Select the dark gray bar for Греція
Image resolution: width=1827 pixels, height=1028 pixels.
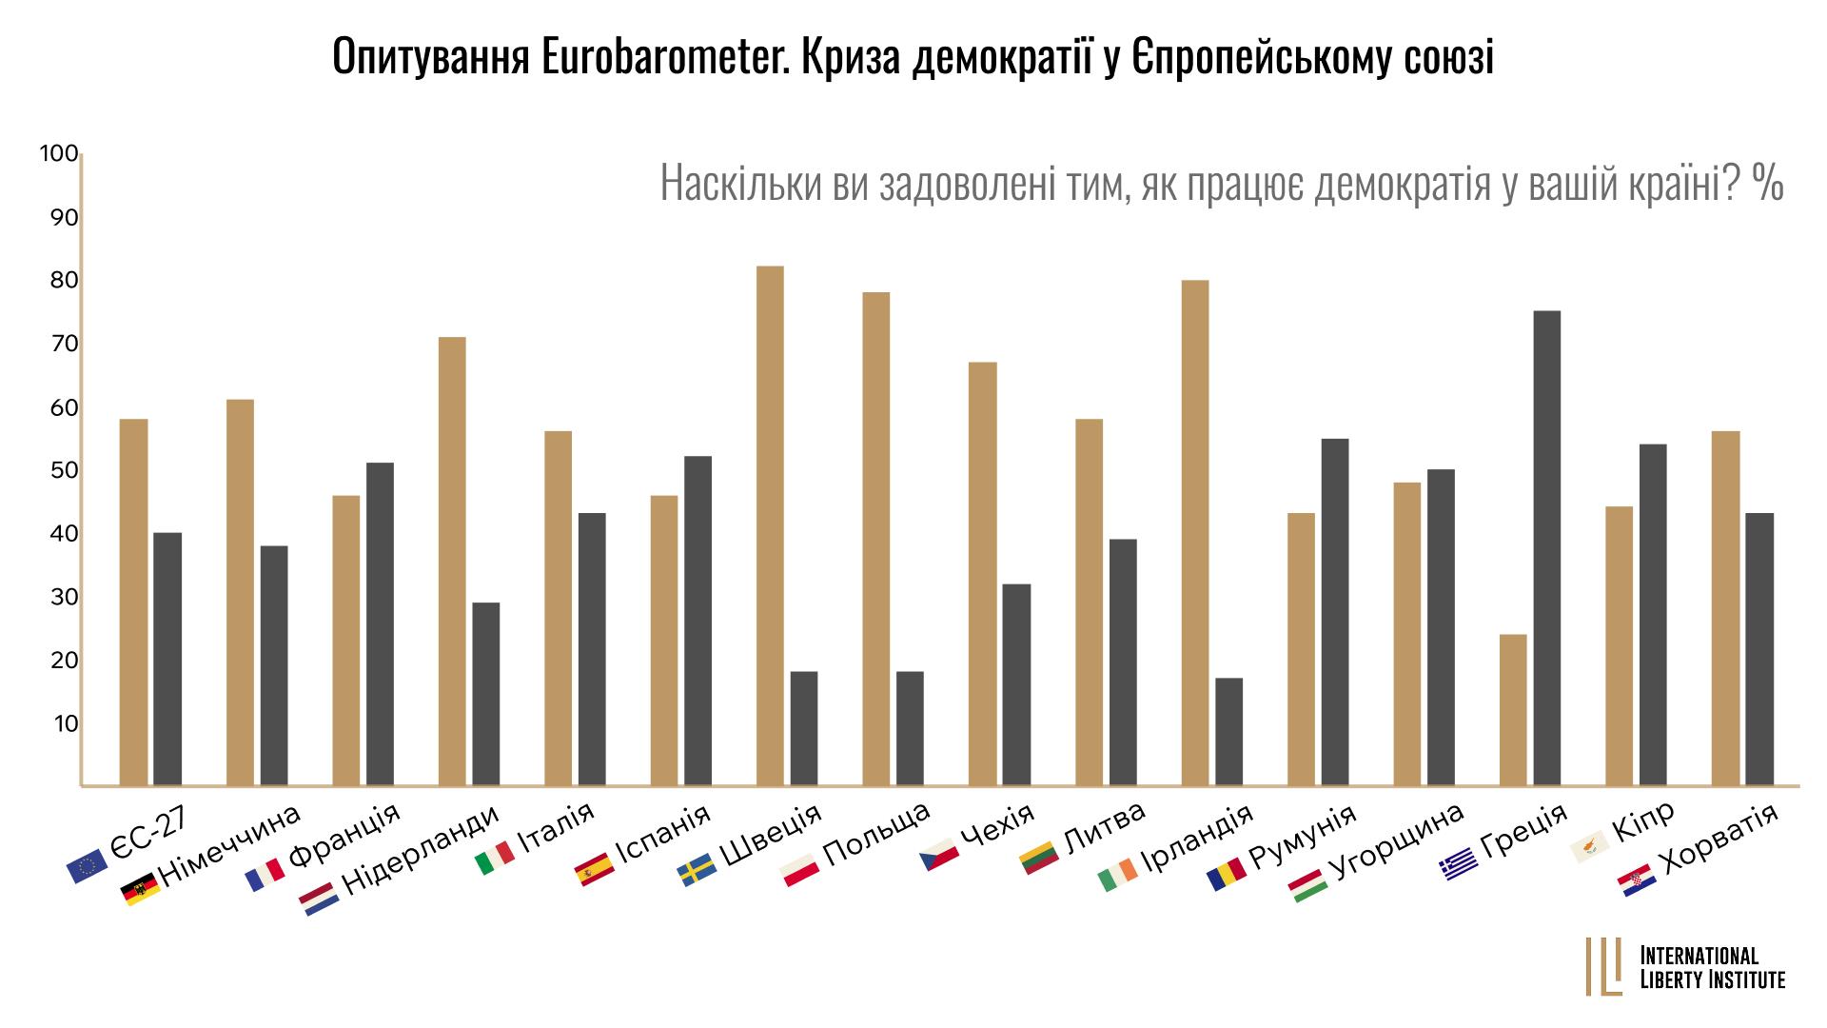[x=1546, y=548]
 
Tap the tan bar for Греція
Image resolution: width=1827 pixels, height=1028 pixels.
[x=1512, y=710]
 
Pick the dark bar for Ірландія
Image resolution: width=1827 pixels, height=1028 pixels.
[x=1228, y=732]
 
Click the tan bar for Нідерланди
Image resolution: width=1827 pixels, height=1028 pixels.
[x=452, y=562]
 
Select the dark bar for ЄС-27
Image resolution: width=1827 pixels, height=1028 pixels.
[x=167, y=659]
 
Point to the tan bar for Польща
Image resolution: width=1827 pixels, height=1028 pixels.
[x=875, y=539]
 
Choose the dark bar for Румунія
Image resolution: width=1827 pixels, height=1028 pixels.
[x=1334, y=612]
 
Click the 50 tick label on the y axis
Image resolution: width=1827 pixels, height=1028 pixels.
[x=64, y=471]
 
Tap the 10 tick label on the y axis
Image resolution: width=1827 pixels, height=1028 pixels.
[x=65, y=724]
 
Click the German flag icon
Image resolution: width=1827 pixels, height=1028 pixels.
[x=141, y=892]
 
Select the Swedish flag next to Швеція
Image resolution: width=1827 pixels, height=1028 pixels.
[x=696, y=871]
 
